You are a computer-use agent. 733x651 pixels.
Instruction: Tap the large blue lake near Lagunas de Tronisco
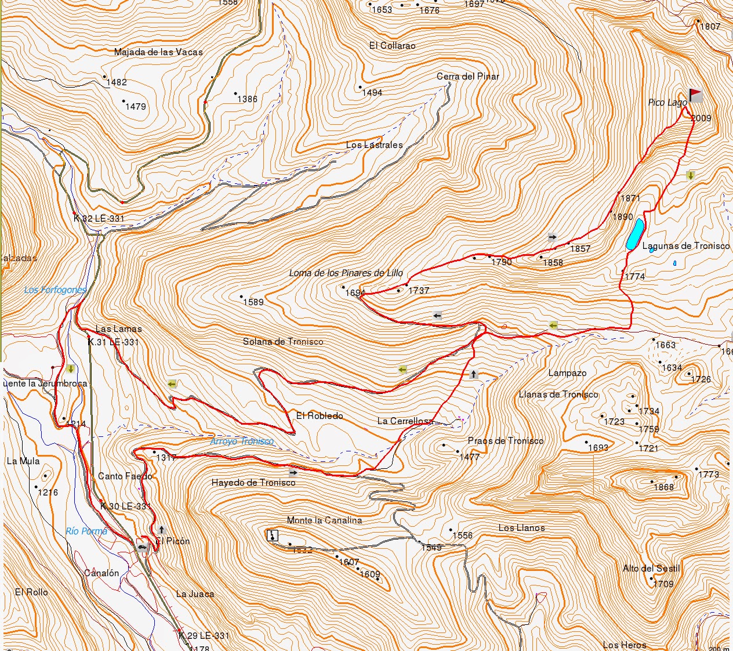pos(634,234)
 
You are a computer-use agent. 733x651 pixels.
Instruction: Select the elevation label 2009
pos(701,118)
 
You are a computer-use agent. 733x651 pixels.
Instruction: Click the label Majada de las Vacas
pos(158,52)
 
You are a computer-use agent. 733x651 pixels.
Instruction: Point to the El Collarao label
pos(392,45)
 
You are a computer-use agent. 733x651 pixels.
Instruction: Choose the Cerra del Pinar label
pos(467,77)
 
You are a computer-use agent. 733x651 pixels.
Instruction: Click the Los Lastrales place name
pos(374,145)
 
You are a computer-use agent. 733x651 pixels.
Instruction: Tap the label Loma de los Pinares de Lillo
pos(346,273)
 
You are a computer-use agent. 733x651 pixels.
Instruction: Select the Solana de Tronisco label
pos(283,342)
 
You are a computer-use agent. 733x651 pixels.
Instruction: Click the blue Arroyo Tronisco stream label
pos(242,442)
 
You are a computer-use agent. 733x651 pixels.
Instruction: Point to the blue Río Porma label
pos(86,531)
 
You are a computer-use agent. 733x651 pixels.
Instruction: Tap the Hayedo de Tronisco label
pos(253,483)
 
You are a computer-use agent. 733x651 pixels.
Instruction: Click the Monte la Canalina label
pos(324,520)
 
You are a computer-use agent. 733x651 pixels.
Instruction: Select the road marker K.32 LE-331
pos(99,219)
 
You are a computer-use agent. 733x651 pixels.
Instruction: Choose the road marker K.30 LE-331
pos(125,507)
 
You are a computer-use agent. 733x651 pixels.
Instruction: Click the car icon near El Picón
pos(142,546)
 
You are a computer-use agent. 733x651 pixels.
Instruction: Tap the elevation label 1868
pos(663,487)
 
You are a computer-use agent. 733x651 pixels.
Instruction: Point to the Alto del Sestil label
pos(651,569)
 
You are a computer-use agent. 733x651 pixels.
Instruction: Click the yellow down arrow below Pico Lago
pos(690,175)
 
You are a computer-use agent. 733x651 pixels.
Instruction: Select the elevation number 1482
pos(117,82)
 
